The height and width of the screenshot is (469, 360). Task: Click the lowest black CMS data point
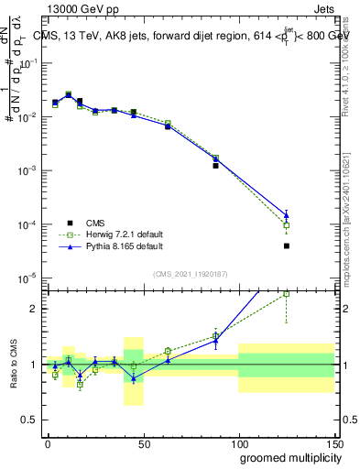coord(287,245)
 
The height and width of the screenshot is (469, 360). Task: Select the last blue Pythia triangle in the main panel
coord(287,215)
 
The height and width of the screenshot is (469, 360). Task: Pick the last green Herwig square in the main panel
coord(287,225)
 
